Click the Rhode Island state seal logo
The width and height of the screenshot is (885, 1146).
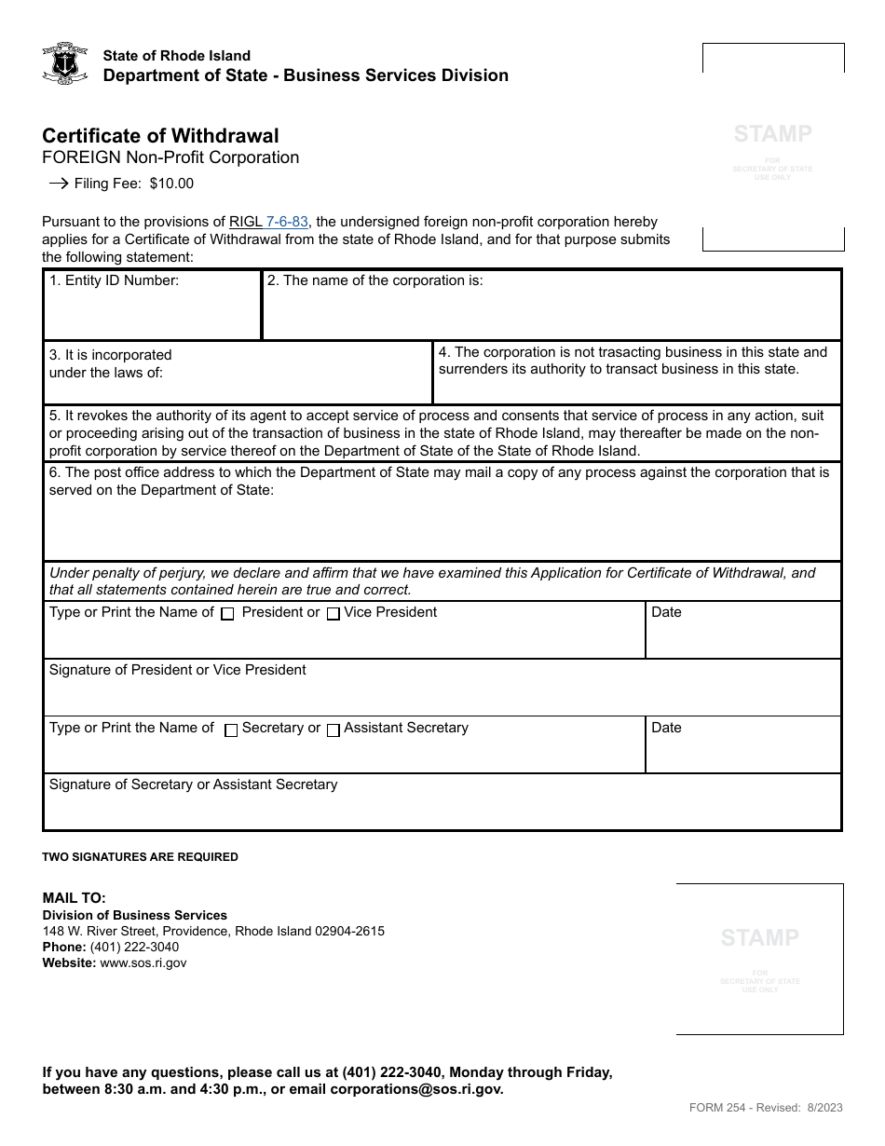(x=65, y=64)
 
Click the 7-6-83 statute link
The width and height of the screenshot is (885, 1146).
(x=287, y=222)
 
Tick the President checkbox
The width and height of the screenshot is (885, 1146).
(x=227, y=614)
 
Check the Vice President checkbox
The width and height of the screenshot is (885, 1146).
(x=333, y=614)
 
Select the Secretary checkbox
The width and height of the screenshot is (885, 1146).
(x=231, y=730)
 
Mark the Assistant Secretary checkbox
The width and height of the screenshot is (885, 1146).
(x=333, y=730)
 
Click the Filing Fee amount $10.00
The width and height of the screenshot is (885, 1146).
(x=171, y=184)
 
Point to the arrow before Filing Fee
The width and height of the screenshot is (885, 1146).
(x=58, y=184)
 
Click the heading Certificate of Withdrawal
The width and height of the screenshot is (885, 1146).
(x=160, y=136)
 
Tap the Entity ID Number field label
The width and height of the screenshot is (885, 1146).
(x=114, y=280)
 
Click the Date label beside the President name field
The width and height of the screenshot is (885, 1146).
(x=666, y=612)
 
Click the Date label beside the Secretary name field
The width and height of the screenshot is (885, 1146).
(x=666, y=728)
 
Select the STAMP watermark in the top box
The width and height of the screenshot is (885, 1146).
(x=772, y=134)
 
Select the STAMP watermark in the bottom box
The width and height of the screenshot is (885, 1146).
(x=759, y=937)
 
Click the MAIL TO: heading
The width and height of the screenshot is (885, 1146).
(x=75, y=898)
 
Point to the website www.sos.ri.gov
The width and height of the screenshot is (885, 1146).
(x=143, y=963)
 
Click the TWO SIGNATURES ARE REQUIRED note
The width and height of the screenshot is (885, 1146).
(x=140, y=857)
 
